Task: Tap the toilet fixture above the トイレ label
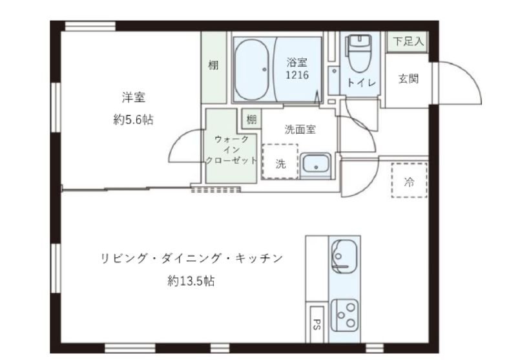pos(357,49)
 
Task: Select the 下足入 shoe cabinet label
pos(408,42)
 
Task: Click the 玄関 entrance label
pos(408,79)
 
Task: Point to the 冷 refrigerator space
pos(408,181)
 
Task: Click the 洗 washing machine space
pos(280,163)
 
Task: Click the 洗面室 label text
pos(300,129)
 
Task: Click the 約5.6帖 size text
pos(133,120)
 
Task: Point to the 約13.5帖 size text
pos(191,281)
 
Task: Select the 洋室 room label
pos(133,98)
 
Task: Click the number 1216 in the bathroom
pos(297,75)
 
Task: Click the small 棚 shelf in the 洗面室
pos(251,119)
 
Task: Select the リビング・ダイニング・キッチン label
pos(191,259)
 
